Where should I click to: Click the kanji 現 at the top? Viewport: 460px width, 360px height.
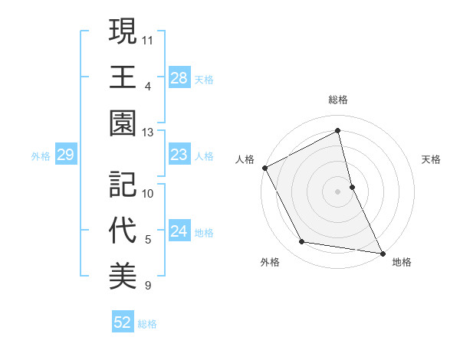(123, 31)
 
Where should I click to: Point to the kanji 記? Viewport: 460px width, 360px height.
(123, 184)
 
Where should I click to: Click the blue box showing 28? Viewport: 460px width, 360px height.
(179, 78)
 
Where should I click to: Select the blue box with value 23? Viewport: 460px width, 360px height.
(179, 155)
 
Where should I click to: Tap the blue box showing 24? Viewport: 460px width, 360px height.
(179, 232)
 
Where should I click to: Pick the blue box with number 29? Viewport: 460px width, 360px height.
(65, 155)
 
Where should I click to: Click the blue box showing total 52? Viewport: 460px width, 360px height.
(123, 322)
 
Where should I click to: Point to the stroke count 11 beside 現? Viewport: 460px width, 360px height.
(148, 38)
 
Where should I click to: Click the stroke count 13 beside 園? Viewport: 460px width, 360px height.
(148, 132)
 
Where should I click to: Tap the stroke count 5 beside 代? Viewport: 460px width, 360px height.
(148, 240)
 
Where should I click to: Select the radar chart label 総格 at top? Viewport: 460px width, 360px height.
(337, 100)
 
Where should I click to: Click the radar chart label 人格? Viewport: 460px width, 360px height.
(245, 159)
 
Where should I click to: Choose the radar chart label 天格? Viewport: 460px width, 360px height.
(432, 159)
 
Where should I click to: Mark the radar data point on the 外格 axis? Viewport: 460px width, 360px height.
(302, 242)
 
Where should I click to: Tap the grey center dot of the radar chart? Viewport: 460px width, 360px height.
(337, 191)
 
